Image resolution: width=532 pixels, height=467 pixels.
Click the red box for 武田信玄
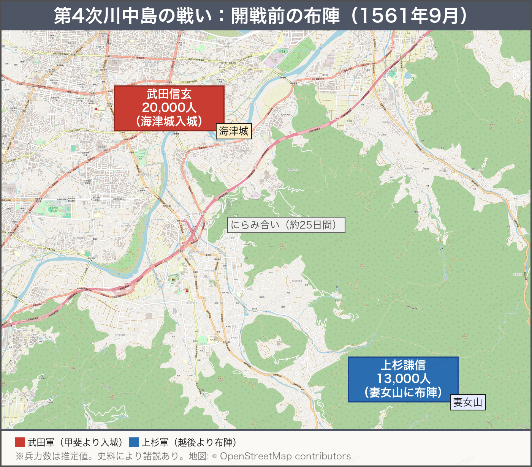point(169,108)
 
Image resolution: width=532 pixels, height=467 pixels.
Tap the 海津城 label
point(233,131)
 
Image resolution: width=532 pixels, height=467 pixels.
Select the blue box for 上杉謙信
point(403,379)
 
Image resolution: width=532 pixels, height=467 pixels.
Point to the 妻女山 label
point(468,402)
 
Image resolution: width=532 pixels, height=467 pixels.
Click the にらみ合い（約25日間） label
point(286,225)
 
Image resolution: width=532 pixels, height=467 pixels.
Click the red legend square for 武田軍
point(20,442)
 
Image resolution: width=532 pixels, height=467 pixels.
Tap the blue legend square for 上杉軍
point(134,442)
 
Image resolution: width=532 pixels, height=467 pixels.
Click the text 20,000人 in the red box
point(169,108)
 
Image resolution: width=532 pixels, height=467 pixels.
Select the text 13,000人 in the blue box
point(403,379)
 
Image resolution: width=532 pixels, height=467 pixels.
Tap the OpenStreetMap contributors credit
point(285,456)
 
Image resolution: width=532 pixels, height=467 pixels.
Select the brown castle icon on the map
point(173,279)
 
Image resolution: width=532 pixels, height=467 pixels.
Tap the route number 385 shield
point(79,254)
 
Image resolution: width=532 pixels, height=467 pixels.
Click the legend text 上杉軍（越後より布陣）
point(189,442)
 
